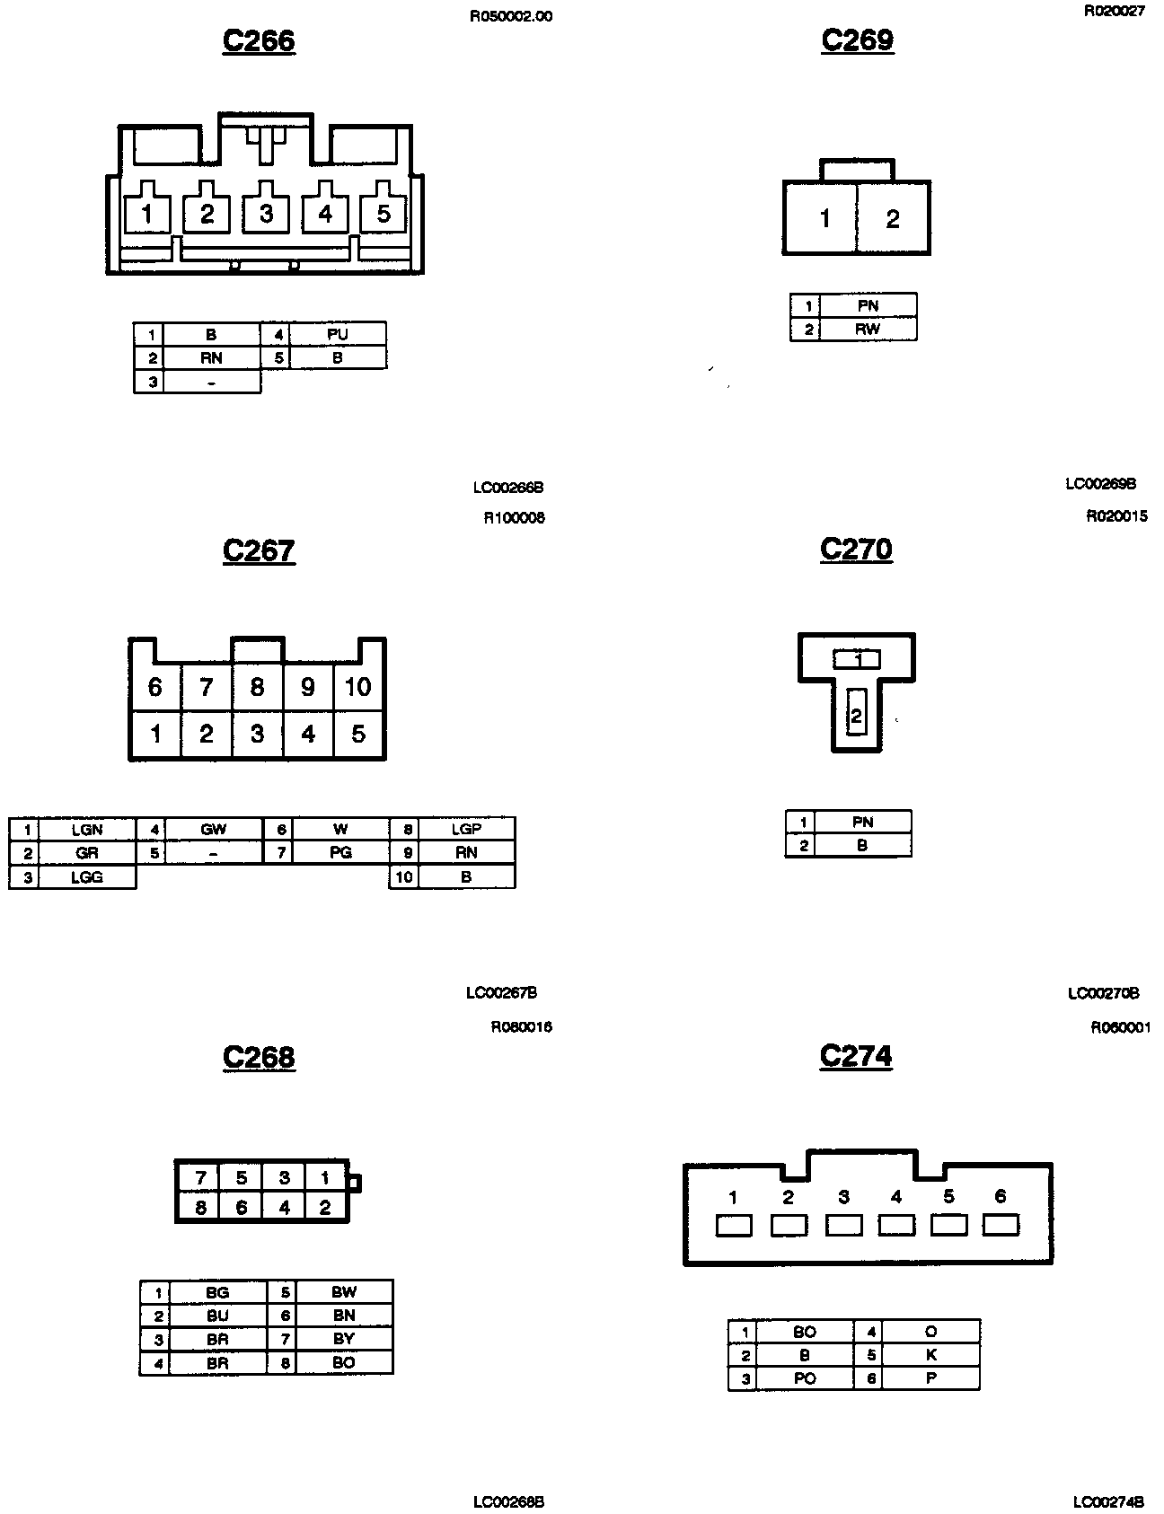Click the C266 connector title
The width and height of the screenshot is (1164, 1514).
click(x=259, y=41)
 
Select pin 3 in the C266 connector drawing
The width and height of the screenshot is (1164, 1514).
click(x=266, y=214)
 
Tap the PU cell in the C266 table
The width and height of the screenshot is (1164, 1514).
click(x=337, y=334)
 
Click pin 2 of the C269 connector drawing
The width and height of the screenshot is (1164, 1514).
click(x=892, y=219)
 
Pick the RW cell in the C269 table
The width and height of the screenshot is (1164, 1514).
click(x=868, y=330)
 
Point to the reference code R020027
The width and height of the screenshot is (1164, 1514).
click(x=1114, y=12)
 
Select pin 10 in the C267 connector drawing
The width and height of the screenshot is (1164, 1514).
click(x=357, y=687)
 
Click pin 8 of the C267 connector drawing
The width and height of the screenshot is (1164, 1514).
click(x=257, y=687)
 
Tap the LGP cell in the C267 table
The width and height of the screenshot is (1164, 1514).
click(x=466, y=829)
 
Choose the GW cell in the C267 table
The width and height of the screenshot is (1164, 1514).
click(x=213, y=829)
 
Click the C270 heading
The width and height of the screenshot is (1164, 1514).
click(x=856, y=550)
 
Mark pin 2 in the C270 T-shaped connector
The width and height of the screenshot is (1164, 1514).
click(x=856, y=716)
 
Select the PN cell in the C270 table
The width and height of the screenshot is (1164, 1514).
click(x=862, y=822)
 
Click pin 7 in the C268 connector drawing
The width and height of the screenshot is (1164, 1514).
click(x=200, y=1178)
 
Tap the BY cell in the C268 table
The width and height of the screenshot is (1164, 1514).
click(x=344, y=1339)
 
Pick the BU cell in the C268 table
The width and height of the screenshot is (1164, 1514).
click(x=217, y=1316)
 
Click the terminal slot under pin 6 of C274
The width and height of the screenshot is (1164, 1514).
click(x=1001, y=1225)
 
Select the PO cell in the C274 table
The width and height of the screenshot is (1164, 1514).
click(x=804, y=1378)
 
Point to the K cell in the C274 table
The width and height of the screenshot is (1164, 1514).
click(x=930, y=1355)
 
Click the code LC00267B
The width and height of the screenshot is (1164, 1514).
click(x=501, y=993)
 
